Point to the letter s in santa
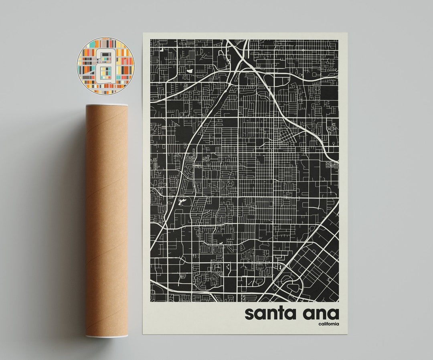[249, 314]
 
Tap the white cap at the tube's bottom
[107, 336]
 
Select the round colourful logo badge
[105, 66]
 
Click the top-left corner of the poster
[143, 33]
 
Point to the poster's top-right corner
[347, 33]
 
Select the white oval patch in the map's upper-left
[190, 71]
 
